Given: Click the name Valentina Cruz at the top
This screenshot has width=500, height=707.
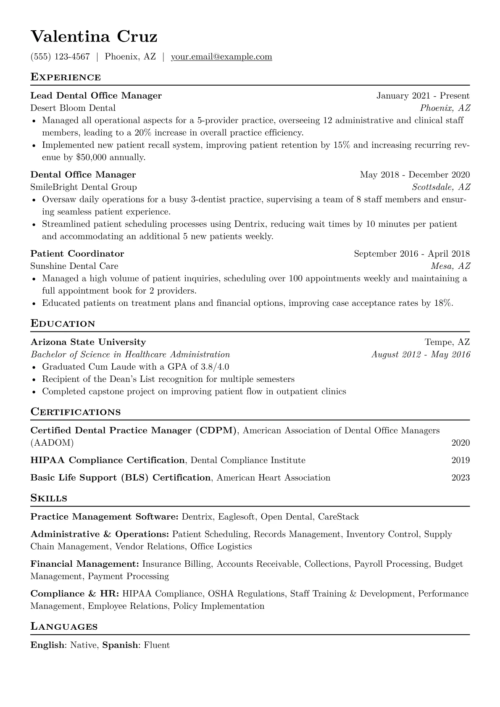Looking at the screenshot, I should point(94,37).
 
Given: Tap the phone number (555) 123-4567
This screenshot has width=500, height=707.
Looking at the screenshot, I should point(60,57).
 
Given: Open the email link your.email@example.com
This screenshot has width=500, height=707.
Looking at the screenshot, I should point(221,57).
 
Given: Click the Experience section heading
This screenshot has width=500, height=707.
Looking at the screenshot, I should point(66,77).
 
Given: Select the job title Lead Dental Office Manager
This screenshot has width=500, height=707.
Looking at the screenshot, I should point(96,96).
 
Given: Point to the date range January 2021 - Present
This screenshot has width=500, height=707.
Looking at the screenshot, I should point(423,96).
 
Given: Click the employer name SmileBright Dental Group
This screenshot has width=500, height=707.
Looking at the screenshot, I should point(84,187).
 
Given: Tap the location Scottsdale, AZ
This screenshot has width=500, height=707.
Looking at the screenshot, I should point(441,187).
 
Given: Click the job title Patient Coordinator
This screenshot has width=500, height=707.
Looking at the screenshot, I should point(77,254).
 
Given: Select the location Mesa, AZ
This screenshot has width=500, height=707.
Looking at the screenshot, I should point(450,266).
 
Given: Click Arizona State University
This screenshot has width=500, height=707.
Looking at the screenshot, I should point(88,342).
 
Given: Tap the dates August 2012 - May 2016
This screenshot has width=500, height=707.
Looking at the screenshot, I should point(421,355).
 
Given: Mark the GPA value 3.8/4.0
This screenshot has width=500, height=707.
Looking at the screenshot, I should point(215,367).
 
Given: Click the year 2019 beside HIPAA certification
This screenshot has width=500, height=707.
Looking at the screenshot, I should point(461,460).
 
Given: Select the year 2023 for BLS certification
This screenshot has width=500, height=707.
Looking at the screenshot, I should point(461,478).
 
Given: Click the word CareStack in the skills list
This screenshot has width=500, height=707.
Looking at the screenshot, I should point(338,517).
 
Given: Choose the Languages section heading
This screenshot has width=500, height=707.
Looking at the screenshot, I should point(64,627).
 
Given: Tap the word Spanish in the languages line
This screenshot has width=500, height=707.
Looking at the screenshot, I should point(120,645).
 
